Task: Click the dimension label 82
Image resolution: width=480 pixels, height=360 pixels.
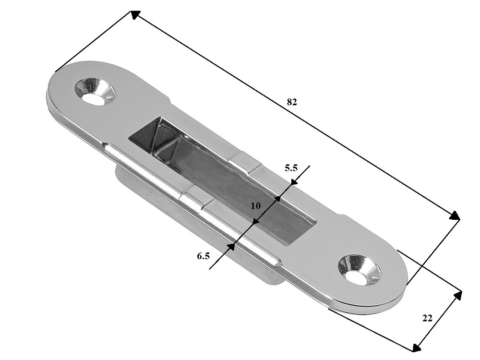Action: (x=292, y=102)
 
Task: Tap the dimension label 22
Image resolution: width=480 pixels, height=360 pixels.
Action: (x=427, y=318)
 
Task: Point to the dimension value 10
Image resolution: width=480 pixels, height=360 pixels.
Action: (x=256, y=206)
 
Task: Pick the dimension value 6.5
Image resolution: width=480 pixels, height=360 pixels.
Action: (x=203, y=256)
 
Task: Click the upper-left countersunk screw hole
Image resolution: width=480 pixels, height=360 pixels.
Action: (x=95, y=91)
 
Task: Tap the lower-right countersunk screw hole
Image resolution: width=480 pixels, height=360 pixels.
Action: (x=360, y=269)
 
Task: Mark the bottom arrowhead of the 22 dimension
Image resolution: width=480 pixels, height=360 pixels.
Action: (x=416, y=347)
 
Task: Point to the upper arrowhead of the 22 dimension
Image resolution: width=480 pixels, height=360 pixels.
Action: (x=457, y=296)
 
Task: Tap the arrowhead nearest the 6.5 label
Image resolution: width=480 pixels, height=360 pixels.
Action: (x=231, y=247)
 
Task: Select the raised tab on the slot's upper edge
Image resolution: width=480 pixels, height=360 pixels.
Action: (x=245, y=163)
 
